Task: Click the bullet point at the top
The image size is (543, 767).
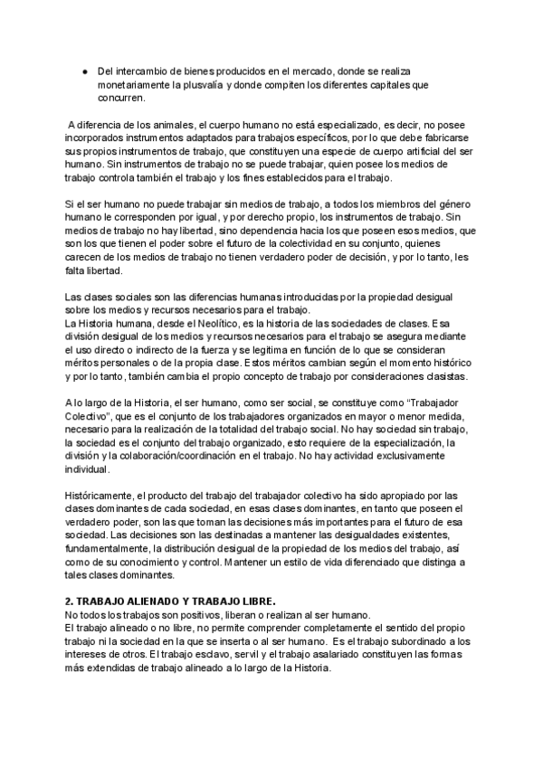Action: pos(83,70)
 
